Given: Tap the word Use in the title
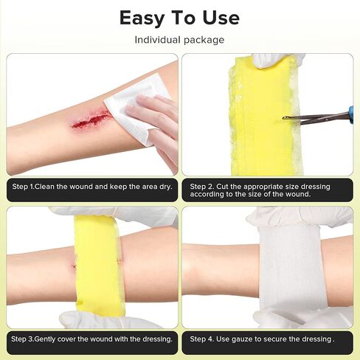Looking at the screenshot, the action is [x=221, y=18].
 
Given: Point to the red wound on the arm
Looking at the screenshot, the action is [x=90, y=119].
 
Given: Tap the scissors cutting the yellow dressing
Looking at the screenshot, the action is [x=317, y=117].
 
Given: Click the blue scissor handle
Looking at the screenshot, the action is [x=351, y=114].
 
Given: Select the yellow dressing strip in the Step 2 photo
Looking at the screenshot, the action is [x=266, y=116].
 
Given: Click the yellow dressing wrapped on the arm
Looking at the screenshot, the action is [x=98, y=266].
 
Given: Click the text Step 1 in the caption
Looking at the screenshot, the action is [x=23, y=187].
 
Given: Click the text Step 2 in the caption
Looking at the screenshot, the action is [x=201, y=187].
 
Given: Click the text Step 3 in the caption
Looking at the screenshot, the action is [x=22, y=339].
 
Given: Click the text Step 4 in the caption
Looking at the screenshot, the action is [x=201, y=339].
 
